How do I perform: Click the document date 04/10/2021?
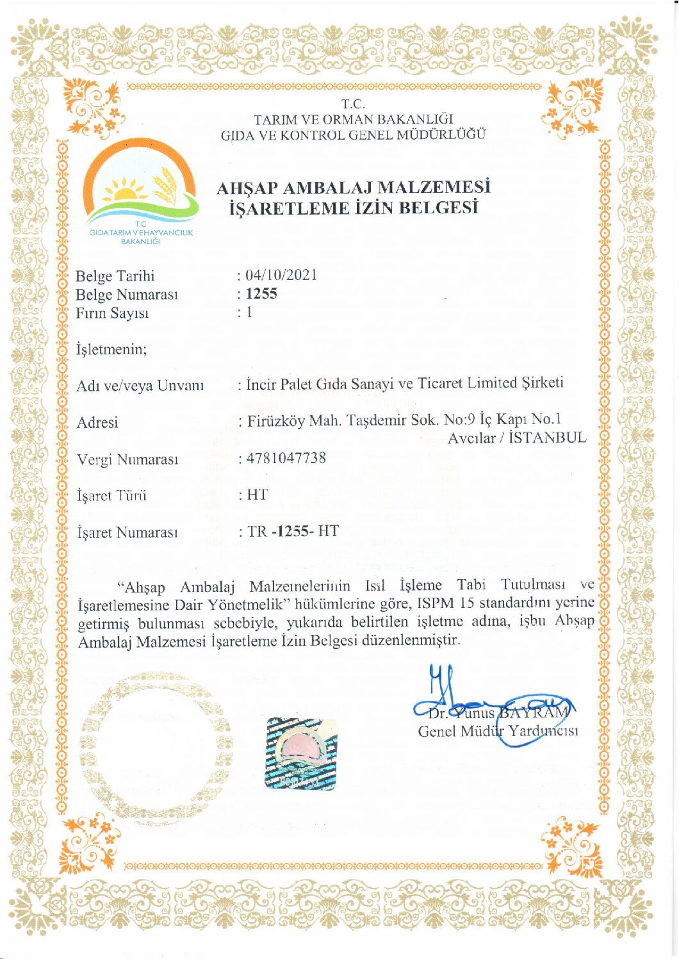click(281, 275)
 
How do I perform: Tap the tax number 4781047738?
click(286, 458)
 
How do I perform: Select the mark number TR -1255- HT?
click(293, 531)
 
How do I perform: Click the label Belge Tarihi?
click(115, 276)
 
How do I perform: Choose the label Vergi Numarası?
click(127, 459)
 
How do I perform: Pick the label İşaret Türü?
click(111, 495)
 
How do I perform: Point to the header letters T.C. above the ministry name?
click(353, 104)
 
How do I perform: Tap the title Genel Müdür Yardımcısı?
click(498, 731)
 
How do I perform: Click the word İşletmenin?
click(111, 349)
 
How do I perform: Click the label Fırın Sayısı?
click(111, 313)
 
